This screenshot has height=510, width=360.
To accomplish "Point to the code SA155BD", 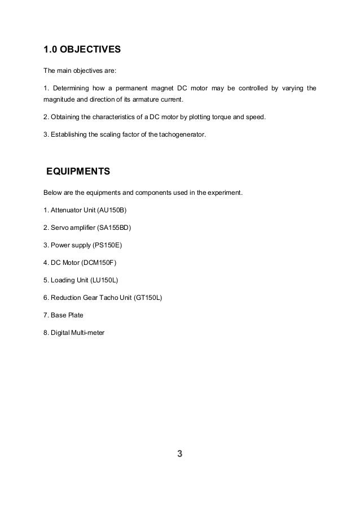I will click(x=117, y=228).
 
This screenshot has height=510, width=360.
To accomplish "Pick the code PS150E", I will click(x=108, y=245).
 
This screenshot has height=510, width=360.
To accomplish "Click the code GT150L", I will click(x=148, y=297).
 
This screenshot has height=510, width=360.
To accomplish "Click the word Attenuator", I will click(x=65, y=211).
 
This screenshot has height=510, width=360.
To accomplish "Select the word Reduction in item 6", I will click(x=66, y=297).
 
